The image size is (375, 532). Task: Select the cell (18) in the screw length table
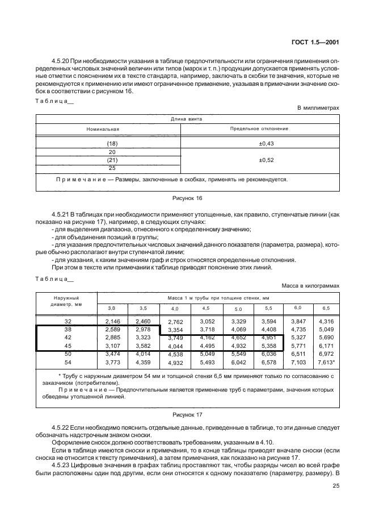coord(111,144)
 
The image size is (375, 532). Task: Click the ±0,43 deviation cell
coord(266,144)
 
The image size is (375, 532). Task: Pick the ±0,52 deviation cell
coord(266,160)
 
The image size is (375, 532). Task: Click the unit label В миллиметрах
coord(318,107)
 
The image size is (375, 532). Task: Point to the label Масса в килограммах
coord(310,286)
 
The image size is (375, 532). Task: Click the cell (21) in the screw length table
coord(111,160)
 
